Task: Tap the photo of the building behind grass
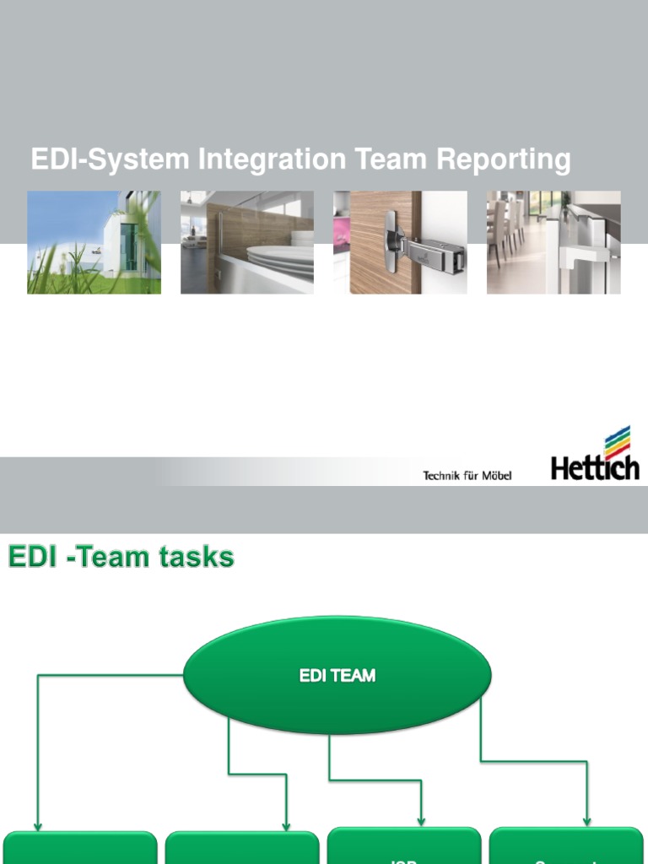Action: point(94,242)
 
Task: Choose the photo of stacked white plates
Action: point(247,242)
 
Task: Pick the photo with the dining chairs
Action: point(553,242)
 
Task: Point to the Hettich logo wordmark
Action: point(595,467)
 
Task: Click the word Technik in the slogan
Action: point(441,476)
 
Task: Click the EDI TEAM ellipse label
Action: point(337,676)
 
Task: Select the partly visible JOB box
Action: point(404,848)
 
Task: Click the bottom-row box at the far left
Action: point(80,849)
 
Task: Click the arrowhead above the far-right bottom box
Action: point(587,821)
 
